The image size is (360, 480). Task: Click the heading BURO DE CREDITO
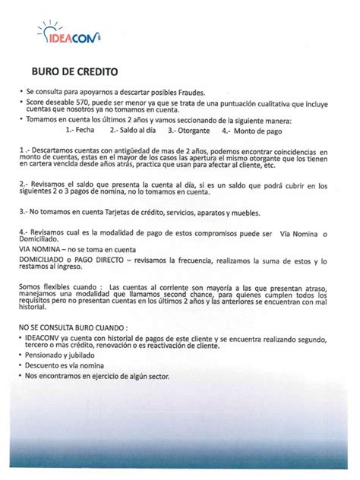coord(74,73)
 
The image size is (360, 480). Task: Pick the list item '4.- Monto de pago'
coord(248,130)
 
